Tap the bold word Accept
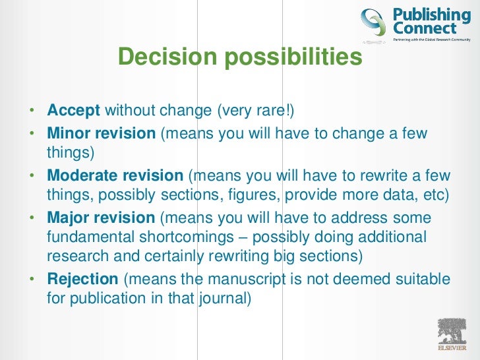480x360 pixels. (x=73, y=109)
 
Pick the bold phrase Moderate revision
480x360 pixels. (x=115, y=176)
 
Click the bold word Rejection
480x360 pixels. (x=82, y=279)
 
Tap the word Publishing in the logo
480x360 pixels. (x=432, y=15)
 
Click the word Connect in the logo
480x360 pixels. (x=425, y=28)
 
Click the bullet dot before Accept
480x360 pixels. (x=32, y=110)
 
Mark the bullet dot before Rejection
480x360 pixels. (x=32, y=280)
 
